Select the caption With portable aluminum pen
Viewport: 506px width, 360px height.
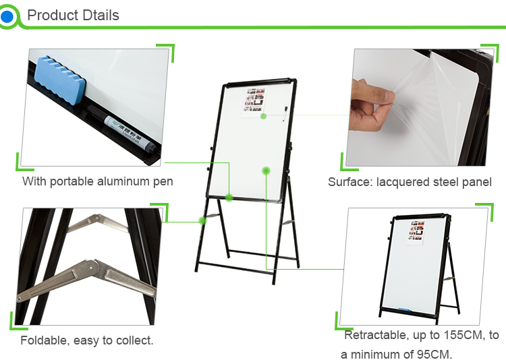tap(98, 181)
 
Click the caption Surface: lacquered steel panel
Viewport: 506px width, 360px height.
tap(410, 182)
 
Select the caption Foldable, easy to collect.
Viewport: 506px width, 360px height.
tap(87, 340)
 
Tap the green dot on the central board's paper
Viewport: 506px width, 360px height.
tap(264, 117)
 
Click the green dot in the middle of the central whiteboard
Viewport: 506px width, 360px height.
tap(266, 171)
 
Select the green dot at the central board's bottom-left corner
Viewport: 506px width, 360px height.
tap(229, 198)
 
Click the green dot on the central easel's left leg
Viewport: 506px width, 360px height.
tap(202, 220)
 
